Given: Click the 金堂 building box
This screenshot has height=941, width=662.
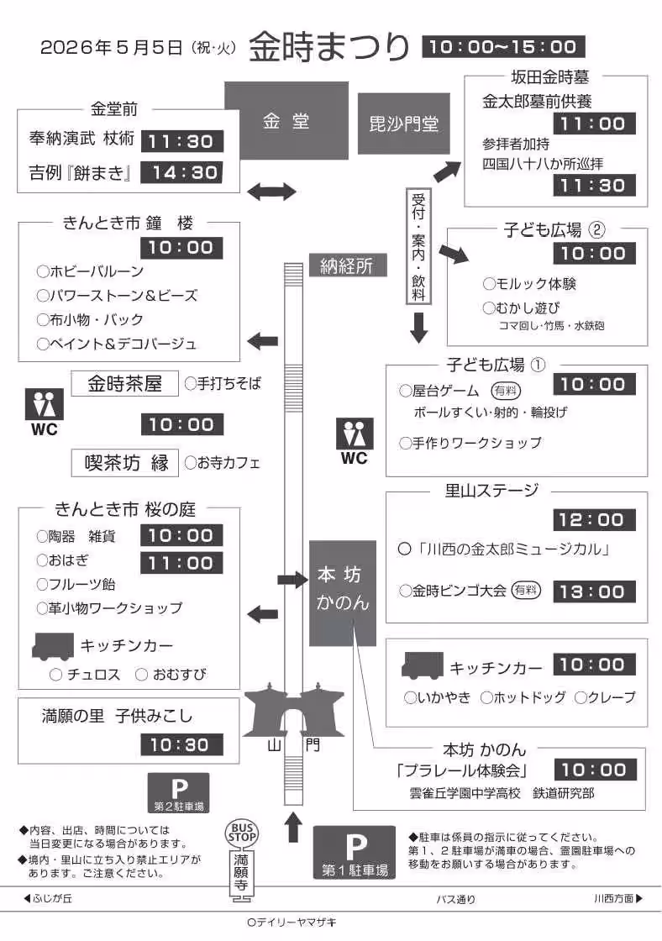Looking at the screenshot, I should pyautogui.click(x=286, y=120).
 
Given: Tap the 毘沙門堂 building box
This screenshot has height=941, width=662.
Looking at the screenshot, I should pyautogui.click(x=404, y=124).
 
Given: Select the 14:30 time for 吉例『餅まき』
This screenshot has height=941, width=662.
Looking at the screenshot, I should pyautogui.click(x=181, y=173).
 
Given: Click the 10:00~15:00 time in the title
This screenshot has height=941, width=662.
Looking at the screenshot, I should pyautogui.click(x=503, y=47).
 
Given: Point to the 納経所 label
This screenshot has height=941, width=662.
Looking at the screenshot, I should pyautogui.click(x=346, y=266).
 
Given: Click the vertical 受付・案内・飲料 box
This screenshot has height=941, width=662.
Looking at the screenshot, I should pyautogui.click(x=418, y=247).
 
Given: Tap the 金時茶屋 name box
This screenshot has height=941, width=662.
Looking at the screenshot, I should pyautogui.click(x=126, y=384).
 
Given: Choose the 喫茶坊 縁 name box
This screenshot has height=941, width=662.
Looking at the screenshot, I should pyautogui.click(x=126, y=462).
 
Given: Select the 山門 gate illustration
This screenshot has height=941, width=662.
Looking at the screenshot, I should pyautogui.click(x=294, y=710).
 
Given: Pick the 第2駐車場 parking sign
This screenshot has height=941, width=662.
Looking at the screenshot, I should pyautogui.click(x=178, y=792).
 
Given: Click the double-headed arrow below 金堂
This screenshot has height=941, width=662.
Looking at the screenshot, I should pyautogui.click(x=272, y=192).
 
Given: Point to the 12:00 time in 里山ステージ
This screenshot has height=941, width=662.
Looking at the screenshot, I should pyautogui.click(x=593, y=520).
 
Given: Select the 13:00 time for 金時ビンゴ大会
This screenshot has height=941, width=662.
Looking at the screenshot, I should pyautogui.click(x=593, y=591).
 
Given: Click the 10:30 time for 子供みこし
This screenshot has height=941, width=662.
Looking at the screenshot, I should pyautogui.click(x=181, y=744).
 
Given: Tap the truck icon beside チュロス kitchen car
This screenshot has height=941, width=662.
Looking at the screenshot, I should pyautogui.click(x=52, y=646).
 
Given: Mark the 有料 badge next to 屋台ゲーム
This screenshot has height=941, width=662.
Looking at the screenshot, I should pyautogui.click(x=505, y=391).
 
